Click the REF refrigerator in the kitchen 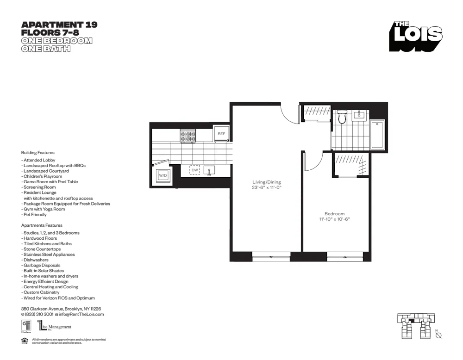221,134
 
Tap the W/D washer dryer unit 163,176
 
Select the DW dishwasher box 195,170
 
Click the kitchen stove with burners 188,136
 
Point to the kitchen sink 209,170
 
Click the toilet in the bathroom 342,118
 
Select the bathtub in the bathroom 377,135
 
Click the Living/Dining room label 266,182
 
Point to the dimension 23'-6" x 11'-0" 266,188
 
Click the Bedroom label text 334,214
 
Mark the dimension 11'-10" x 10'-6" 334,219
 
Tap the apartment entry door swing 290,114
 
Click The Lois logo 415,37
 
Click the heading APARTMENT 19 59,25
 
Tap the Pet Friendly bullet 35,215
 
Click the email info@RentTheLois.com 81,314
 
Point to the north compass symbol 438,335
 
